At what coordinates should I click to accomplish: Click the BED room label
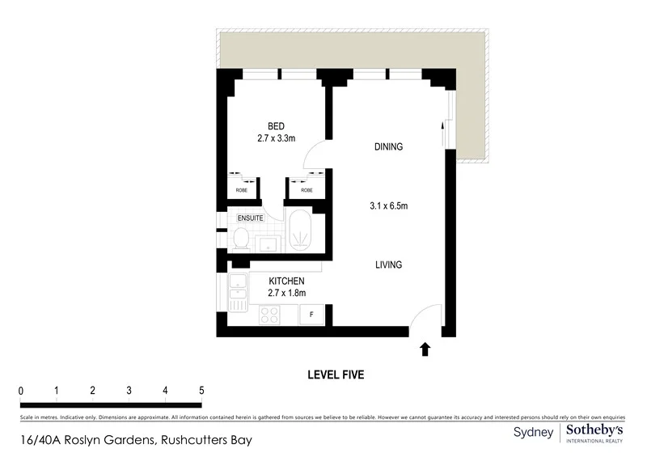[276, 126]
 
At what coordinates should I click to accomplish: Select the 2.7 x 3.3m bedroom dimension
[276, 138]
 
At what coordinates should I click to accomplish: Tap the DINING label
[388, 147]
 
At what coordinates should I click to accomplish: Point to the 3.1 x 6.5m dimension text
[388, 206]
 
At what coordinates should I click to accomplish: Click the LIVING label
[388, 265]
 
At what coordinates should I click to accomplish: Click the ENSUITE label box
[250, 218]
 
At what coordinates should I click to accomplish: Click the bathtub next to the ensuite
[300, 232]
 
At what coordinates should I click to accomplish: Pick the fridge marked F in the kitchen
[311, 314]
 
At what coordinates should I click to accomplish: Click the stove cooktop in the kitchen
[269, 315]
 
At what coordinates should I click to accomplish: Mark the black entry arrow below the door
[425, 349]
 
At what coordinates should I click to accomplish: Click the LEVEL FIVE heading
[336, 374]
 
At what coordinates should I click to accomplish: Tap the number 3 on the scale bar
[129, 391]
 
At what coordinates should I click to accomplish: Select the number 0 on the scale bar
[21, 391]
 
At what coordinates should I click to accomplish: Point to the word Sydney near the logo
[534, 433]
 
